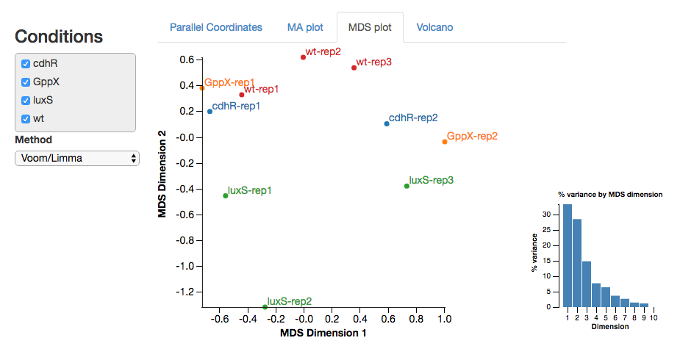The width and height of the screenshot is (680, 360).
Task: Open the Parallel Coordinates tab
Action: click(x=215, y=27)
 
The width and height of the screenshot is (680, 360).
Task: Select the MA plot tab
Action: click(x=304, y=27)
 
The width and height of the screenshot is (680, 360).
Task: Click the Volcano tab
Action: click(x=434, y=27)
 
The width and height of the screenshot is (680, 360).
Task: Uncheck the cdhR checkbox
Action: click(x=26, y=64)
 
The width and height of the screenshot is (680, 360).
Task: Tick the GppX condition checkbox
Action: click(x=26, y=82)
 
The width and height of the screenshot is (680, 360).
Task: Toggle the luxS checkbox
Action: click(x=26, y=101)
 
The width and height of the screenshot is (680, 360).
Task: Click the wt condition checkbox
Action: click(x=26, y=118)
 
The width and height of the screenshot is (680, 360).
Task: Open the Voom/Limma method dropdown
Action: click(x=77, y=158)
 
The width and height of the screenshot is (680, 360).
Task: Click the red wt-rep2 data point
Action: click(x=303, y=57)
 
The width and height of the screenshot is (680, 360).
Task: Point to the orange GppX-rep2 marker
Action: click(x=445, y=142)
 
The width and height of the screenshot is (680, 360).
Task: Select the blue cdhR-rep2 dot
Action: click(x=387, y=123)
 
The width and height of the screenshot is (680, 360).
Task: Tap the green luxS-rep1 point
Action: click(x=226, y=195)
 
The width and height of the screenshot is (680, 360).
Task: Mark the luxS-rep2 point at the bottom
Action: click(x=265, y=307)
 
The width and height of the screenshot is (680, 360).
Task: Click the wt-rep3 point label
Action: click(x=373, y=62)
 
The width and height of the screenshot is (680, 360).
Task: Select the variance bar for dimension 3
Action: click(x=587, y=284)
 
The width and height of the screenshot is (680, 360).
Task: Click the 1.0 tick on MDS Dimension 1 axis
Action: click(x=444, y=320)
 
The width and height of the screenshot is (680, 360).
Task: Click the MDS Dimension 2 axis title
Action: click(x=162, y=174)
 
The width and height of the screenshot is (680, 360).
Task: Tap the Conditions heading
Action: click(x=59, y=36)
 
